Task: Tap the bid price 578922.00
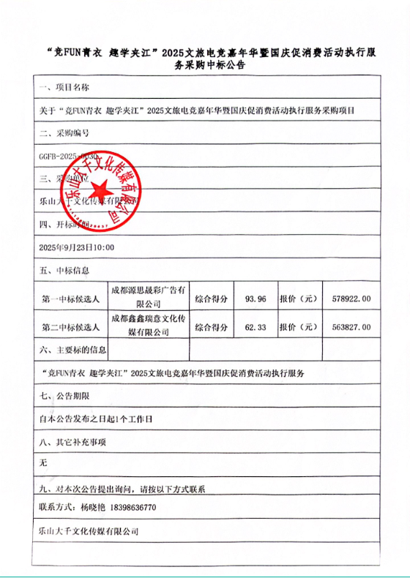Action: [351, 299]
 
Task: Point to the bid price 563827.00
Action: [351, 327]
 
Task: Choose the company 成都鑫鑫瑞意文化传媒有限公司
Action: [148, 326]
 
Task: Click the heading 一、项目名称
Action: [64, 87]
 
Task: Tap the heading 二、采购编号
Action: [64, 133]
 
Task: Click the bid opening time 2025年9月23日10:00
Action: [76, 247]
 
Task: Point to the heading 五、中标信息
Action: [64, 271]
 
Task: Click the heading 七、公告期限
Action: [64, 396]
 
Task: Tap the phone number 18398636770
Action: [130, 507]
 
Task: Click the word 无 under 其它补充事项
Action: [42, 463]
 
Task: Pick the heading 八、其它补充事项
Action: [72, 442]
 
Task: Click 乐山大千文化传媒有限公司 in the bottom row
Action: [88, 532]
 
